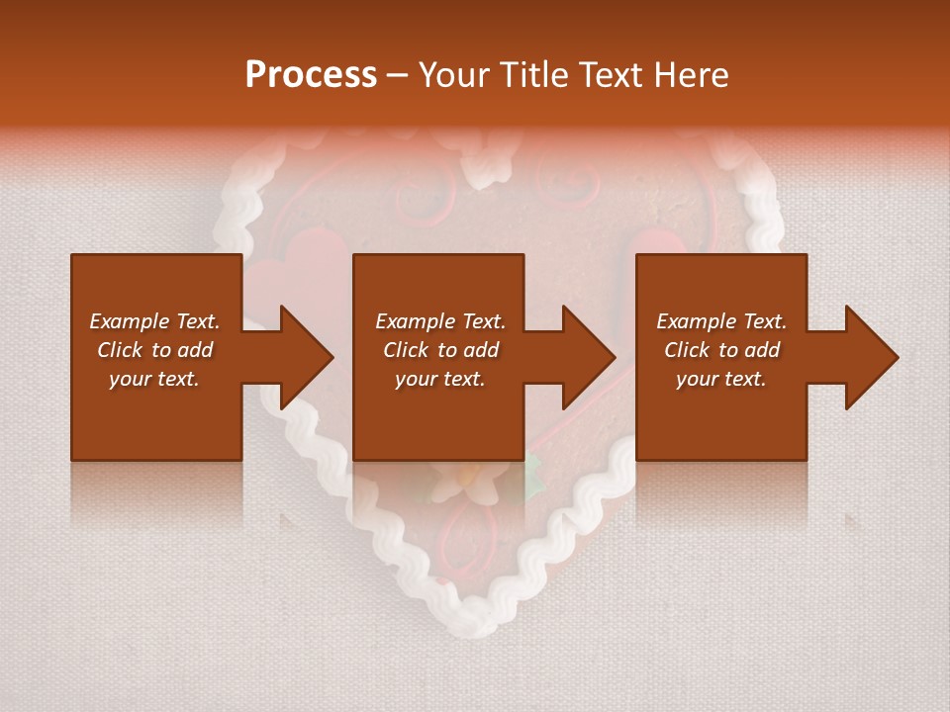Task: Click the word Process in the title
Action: click(x=311, y=75)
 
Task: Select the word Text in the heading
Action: click(x=611, y=75)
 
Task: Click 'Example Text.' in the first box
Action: click(x=154, y=321)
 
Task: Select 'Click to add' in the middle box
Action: click(x=440, y=350)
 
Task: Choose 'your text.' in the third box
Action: click(x=721, y=379)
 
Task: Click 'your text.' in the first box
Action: click(x=154, y=379)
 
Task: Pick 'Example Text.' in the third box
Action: click(x=721, y=321)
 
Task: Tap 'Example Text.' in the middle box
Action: click(x=440, y=321)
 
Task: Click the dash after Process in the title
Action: click(x=398, y=75)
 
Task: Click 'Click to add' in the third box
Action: click(x=721, y=350)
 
